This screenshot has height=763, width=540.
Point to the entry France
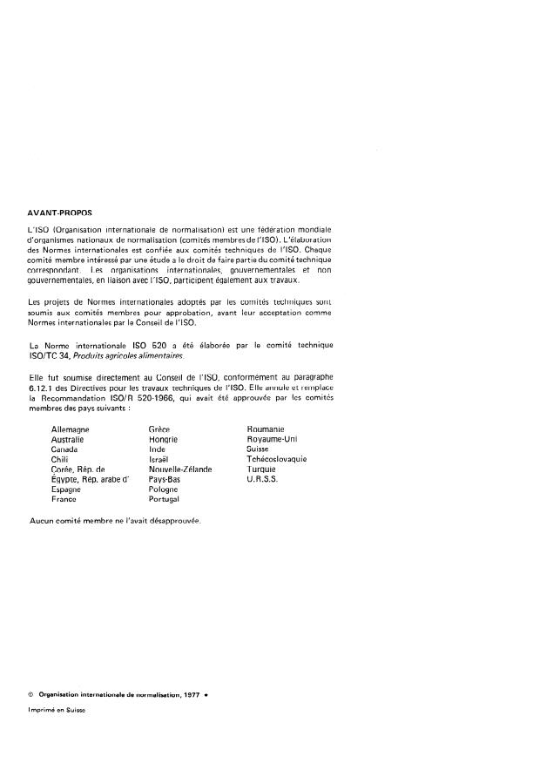coord(64,499)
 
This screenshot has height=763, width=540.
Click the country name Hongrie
coord(164,440)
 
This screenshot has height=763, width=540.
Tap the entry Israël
coord(160,459)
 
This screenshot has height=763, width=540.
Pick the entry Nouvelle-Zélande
coord(180,469)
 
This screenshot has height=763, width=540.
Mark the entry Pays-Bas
coord(165,479)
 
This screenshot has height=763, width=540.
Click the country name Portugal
coord(165,499)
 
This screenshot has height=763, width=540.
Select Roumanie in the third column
coord(266,429)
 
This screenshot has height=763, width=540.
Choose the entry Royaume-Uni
coord(273,440)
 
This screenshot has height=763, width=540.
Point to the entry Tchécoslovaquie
coord(277,459)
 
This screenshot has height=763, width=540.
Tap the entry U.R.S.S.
coord(262,479)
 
